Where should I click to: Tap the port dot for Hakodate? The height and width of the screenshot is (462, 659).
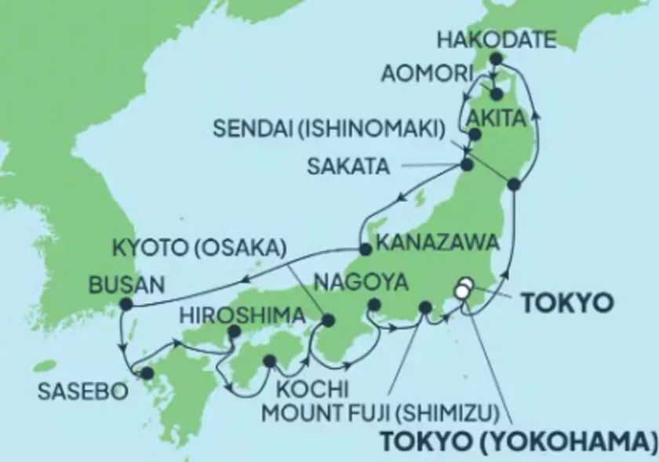coord(495,59)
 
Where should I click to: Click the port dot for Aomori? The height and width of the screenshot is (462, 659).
coord(497,95)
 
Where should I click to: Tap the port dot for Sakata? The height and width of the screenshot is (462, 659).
coord(467,165)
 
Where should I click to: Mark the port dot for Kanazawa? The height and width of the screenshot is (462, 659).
coord(365,249)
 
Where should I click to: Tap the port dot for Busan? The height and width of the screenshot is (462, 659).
coord(124,304)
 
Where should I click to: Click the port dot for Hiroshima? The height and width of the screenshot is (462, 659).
coord(233,333)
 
